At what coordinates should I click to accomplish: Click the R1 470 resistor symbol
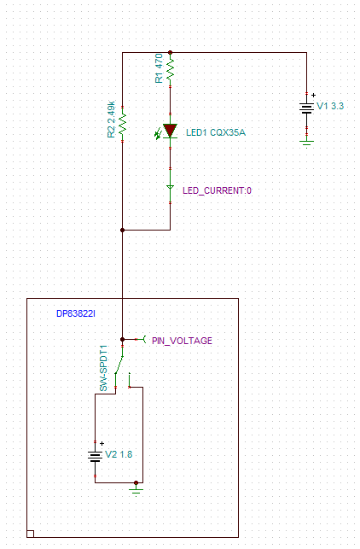point(170,70)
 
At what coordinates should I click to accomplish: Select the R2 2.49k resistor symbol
point(123,124)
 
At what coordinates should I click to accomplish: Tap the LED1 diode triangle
point(170,131)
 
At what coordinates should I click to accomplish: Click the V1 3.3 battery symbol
point(306,108)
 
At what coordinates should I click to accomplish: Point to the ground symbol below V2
point(136,489)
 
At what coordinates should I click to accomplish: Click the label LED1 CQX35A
point(216,132)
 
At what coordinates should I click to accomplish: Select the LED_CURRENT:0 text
point(217,190)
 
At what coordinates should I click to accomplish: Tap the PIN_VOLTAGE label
point(182,341)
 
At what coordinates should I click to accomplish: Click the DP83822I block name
point(76,313)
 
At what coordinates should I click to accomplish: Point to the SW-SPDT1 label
point(103,368)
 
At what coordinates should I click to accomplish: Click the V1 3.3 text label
point(330,106)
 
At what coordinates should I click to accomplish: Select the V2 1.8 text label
point(119,454)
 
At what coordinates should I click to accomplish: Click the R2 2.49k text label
point(111,120)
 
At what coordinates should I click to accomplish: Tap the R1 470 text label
point(159,68)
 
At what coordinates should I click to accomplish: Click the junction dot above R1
point(170,53)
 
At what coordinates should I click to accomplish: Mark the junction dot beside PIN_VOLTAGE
point(123,339)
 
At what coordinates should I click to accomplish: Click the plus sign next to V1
point(313,95)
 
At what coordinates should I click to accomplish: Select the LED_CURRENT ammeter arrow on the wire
point(170,188)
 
